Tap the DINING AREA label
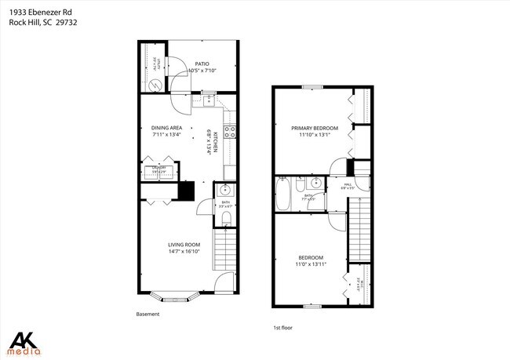point(166,128)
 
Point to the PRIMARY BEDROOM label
point(314,128)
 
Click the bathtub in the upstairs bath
point(283,195)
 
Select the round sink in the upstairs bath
point(315,184)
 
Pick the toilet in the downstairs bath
point(227,218)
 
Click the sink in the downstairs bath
point(224,190)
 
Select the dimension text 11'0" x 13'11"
point(311,264)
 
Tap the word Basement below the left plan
point(148,314)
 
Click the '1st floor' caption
point(282,328)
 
